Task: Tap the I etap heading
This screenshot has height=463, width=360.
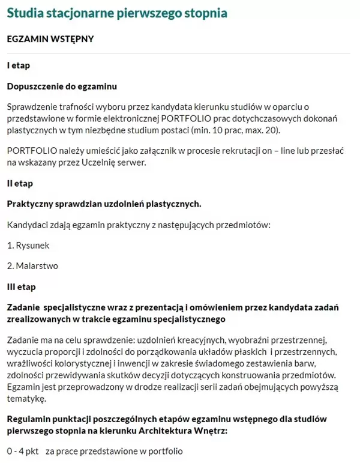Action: pos(18,65)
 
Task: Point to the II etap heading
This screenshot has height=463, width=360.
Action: pos(20,183)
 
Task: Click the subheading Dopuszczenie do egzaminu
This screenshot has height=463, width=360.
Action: pos(62,86)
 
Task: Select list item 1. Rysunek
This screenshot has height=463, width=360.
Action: pos(28,245)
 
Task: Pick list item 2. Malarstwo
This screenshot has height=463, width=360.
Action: pos(32,265)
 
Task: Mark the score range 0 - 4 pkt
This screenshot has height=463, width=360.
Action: pos(23,450)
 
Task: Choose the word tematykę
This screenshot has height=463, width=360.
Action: pos(26,398)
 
